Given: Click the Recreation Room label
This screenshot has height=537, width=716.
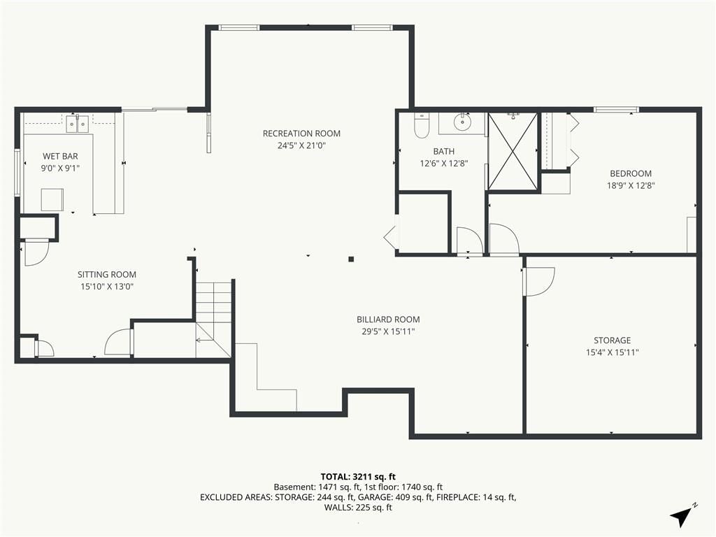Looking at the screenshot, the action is pyautogui.click(x=301, y=134).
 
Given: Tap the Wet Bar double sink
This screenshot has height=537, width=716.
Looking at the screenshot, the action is pyautogui.click(x=77, y=124).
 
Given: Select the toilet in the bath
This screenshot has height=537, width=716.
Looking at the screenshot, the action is pyautogui.click(x=421, y=125).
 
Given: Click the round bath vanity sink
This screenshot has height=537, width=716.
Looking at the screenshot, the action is pyautogui.click(x=463, y=122).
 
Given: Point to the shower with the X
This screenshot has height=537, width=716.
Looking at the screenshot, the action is pyautogui.click(x=513, y=151).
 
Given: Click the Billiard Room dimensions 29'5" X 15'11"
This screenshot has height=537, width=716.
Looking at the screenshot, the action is pyautogui.click(x=388, y=331).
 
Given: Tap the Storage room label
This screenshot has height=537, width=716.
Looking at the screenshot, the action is pyautogui.click(x=612, y=341).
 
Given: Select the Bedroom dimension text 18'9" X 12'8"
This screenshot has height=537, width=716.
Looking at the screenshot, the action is pyautogui.click(x=631, y=185).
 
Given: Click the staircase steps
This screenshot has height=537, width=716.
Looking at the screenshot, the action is pyautogui.click(x=214, y=320).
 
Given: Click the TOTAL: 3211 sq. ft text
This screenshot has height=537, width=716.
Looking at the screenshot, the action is pyautogui.click(x=358, y=477).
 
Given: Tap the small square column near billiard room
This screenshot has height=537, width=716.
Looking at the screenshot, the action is pyautogui.click(x=351, y=259).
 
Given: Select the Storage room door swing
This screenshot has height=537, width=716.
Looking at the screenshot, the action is pyautogui.click(x=539, y=282).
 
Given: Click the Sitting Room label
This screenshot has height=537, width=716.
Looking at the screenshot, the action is pyautogui.click(x=107, y=274).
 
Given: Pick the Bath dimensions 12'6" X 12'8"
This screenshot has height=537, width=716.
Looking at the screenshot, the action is pyautogui.click(x=444, y=163).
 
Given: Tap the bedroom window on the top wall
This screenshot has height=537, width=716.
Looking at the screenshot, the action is pyautogui.click(x=615, y=109).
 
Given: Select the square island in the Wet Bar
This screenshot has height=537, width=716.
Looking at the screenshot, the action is pyautogui.click(x=52, y=199).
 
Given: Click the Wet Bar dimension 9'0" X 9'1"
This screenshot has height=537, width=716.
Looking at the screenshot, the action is pyautogui.click(x=60, y=168).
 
